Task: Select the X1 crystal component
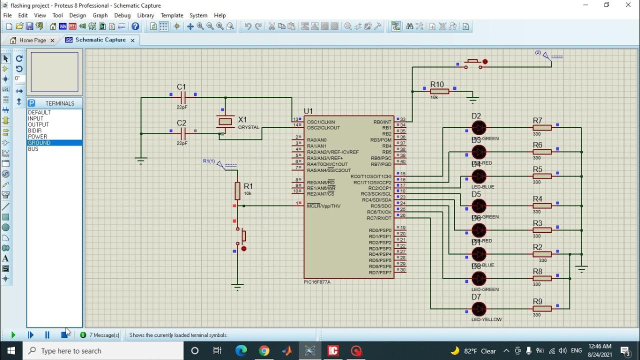click(x=225, y=121)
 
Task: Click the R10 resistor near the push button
click(x=439, y=91)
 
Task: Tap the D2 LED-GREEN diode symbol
click(x=478, y=128)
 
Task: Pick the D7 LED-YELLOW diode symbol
click(x=478, y=309)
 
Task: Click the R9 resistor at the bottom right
click(x=542, y=309)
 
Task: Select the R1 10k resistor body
click(x=237, y=190)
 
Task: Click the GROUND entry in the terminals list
click(x=39, y=143)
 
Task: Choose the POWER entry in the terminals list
click(x=37, y=136)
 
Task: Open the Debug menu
click(x=122, y=15)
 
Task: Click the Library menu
click(x=145, y=15)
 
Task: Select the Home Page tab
click(x=32, y=40)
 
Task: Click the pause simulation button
click(x=47, y=335)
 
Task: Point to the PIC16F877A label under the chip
click(x=317, y=282)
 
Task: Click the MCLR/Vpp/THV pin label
click(x=323, y=206)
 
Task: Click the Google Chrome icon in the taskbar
click(x=264, y=351)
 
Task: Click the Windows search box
click(x=105, y=351)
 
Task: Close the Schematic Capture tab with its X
click(x=132, y=40)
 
